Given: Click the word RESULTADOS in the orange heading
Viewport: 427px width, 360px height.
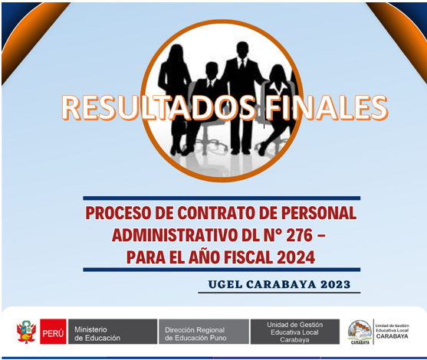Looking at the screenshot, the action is coord(159,107).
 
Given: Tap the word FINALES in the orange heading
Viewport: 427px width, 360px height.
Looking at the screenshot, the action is coord(327,107).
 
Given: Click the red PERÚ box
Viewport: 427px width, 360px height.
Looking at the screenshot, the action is coord(53,332).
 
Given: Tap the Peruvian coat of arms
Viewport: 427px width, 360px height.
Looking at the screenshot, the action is coord(26,332).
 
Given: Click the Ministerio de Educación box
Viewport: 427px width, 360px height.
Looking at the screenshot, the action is coord(113,332).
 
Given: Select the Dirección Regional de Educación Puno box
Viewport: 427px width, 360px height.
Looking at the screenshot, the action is coord(204,332).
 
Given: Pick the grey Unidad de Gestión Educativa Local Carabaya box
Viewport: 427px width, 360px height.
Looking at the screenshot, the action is coord(295,332).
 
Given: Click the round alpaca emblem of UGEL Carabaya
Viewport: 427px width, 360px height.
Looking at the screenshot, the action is coord(360,332).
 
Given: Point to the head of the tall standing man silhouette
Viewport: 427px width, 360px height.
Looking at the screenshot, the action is coord(242,50).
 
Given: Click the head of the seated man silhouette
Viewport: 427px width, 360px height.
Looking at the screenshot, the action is coord(212,70).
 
